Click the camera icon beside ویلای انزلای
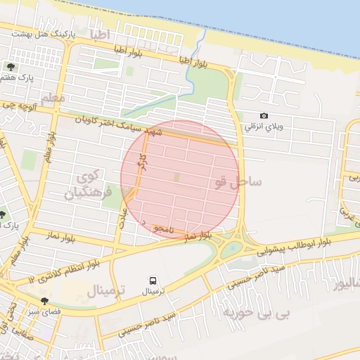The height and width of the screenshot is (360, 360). tap(264, 116)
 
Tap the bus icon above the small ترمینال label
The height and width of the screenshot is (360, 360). tap(153, 279)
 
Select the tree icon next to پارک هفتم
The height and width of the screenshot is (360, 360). tap(11, 67)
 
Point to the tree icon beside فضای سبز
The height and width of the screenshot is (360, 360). tap(44, 300)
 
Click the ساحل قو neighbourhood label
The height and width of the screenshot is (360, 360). tap(239, 182)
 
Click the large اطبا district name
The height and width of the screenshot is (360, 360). tap(95, 33)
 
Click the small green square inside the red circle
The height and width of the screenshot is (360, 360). tap(176, 176)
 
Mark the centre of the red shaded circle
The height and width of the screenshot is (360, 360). tap(179, 179)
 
